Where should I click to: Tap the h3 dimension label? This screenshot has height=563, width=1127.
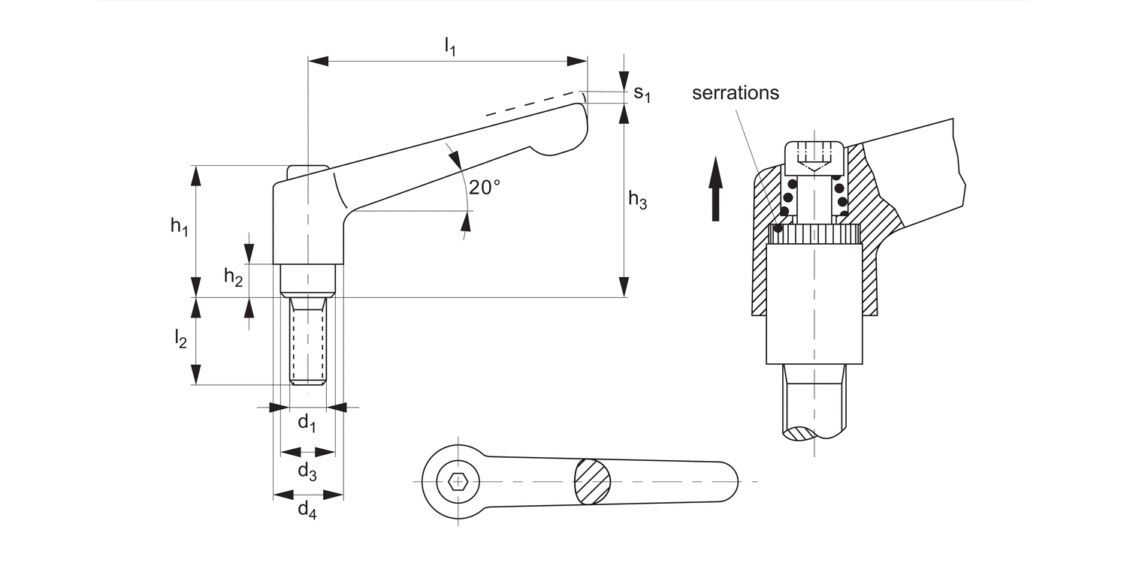tap(637, 200)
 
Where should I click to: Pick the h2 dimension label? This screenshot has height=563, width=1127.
tap(233, 278)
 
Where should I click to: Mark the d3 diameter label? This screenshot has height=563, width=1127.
tap(307, 471)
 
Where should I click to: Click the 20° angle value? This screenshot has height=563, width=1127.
tap(485, 187)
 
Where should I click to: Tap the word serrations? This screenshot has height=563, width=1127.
tap(736, 93)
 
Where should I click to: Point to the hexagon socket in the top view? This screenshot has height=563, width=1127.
tap(456, 481)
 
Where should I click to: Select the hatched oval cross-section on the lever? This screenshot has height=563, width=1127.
tap(593, 480)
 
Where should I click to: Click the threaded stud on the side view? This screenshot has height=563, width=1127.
tap(308, 342)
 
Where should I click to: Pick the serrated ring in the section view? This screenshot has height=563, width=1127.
tap(816, 235)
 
